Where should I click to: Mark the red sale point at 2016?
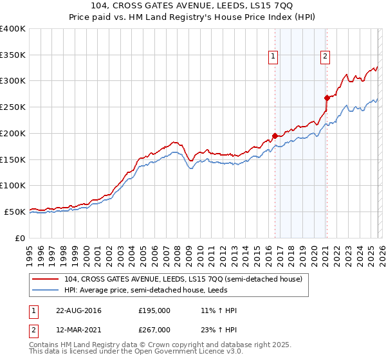[275, 136]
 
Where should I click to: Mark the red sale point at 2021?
[327, 98]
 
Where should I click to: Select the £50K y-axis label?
[15, 212]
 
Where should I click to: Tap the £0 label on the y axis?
[20, 238]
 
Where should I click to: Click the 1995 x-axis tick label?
[30, 254]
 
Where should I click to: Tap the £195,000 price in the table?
[154, 310]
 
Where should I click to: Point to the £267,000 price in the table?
[154, 330]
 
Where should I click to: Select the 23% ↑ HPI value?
[219, 330]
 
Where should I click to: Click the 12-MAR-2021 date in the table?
[78, 330]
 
